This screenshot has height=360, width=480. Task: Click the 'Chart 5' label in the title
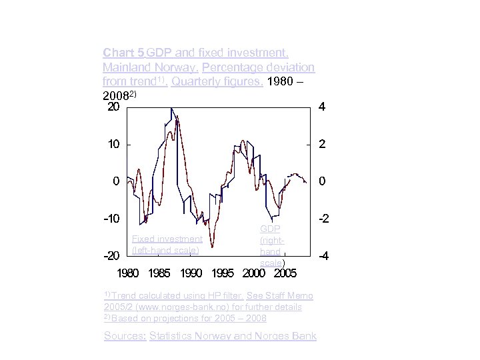point(123,52)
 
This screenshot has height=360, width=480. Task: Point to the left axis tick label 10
point(113,144)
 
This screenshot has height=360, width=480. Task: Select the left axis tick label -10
point(111,219)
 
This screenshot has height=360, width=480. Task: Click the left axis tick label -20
point(111,256)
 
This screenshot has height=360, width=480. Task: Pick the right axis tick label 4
point(322,107)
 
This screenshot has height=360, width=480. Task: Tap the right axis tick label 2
point(322,144)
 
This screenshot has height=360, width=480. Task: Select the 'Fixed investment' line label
point(167,239)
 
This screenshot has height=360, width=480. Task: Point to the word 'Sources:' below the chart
point(125,336)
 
